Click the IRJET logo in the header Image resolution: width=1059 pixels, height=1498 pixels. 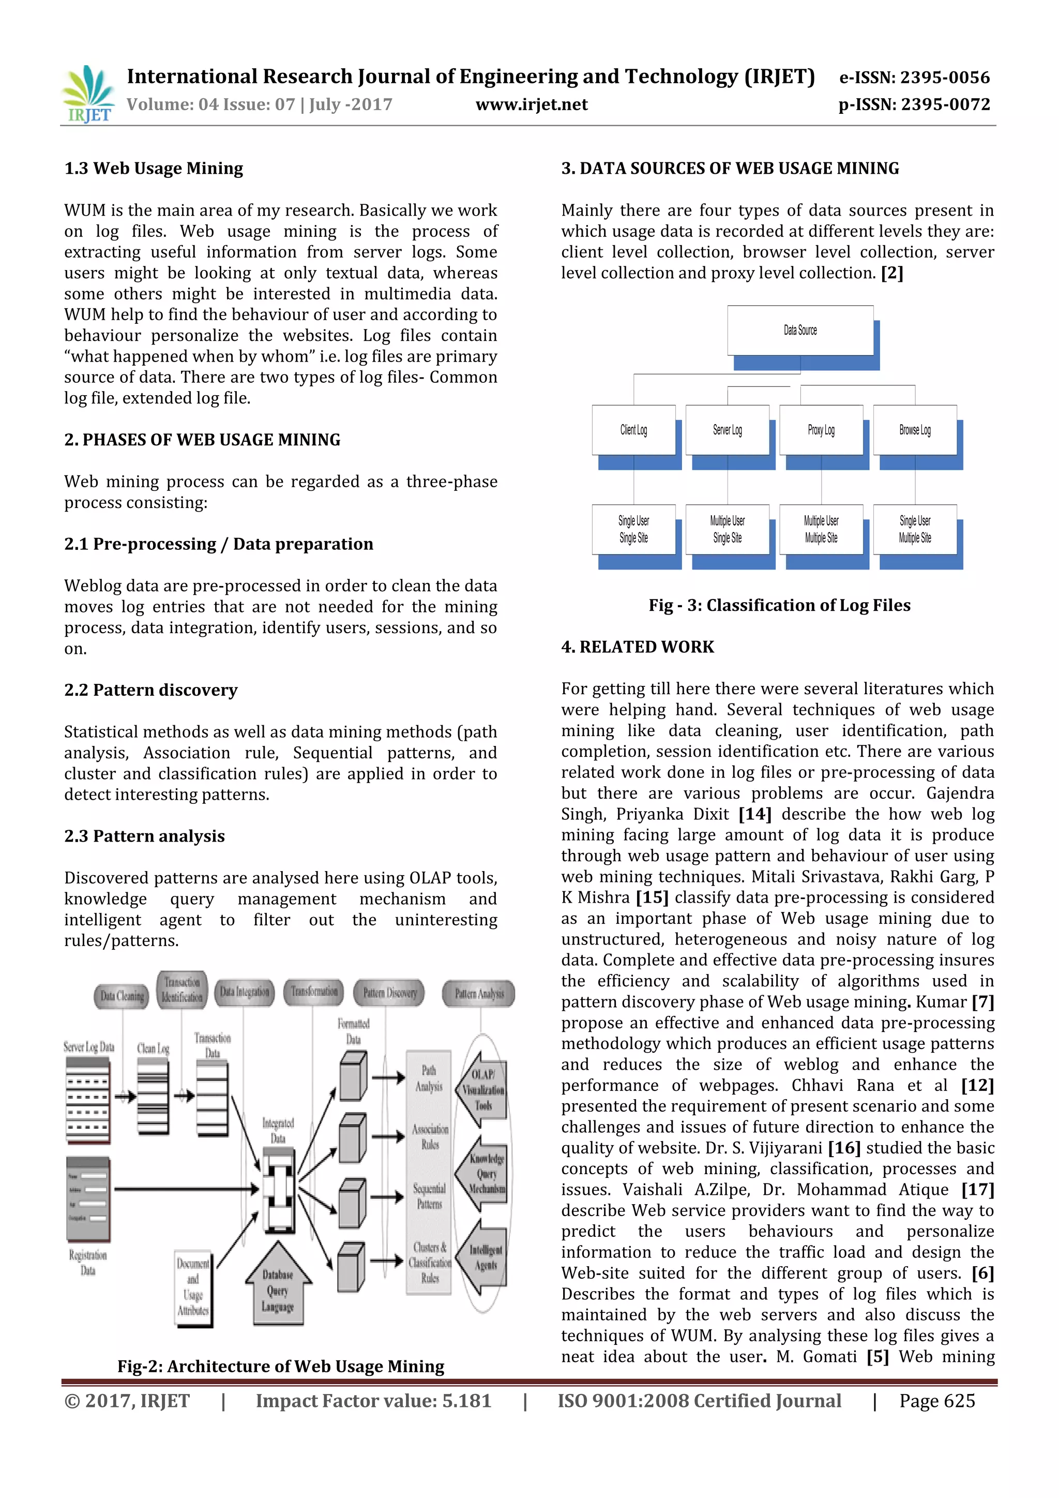click(88, 95)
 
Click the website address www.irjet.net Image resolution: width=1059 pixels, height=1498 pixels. click(532, 104)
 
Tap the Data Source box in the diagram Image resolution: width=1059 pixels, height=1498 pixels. click(800, 331)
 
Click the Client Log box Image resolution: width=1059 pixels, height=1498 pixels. click(633, 430)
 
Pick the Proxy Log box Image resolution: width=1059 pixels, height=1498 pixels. click(821, 430)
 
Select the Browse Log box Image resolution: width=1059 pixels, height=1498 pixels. click(915, 430)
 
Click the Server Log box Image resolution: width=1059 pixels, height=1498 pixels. click(727, 430)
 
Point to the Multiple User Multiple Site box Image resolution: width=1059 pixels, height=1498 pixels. click(821, 529)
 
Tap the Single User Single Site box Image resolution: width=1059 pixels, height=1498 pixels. click(633, 529)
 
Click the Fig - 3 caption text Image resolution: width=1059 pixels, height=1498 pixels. click(779, 606)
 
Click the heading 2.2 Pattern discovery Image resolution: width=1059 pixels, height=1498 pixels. click(150, 690)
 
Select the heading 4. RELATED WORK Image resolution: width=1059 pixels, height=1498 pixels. click(637, 647)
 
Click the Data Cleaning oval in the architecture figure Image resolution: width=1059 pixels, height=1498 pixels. click(122, 996)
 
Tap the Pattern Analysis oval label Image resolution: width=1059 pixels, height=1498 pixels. click(479, 994)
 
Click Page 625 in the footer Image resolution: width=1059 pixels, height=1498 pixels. click(936, 1401)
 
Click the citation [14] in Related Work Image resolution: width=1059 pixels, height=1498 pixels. click(754, 814)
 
